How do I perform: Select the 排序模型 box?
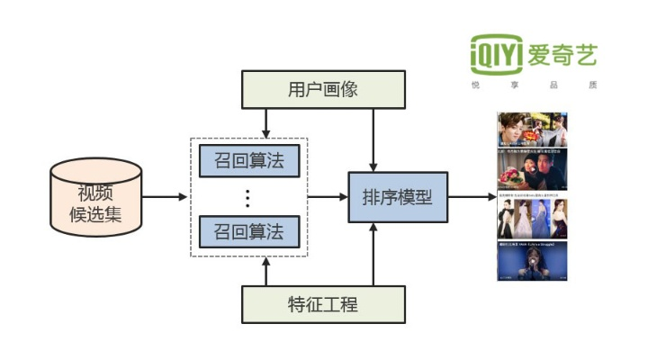coord(398,196)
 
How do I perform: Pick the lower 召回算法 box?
coord(248,232)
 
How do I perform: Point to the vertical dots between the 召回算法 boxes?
coord(248,196)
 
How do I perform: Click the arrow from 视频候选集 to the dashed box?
coord(164,196)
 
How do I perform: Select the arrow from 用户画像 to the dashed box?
coord(266,121)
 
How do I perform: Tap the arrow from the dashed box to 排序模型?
coord(328,196)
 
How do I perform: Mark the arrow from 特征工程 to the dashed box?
coord(266,272)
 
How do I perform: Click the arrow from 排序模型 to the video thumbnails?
coord(471,196)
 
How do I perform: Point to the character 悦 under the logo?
coord(475,85)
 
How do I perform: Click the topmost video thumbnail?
coord(532,130)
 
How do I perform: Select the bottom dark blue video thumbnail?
coord(532,262)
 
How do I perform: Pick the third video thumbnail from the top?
coord(532,217)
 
